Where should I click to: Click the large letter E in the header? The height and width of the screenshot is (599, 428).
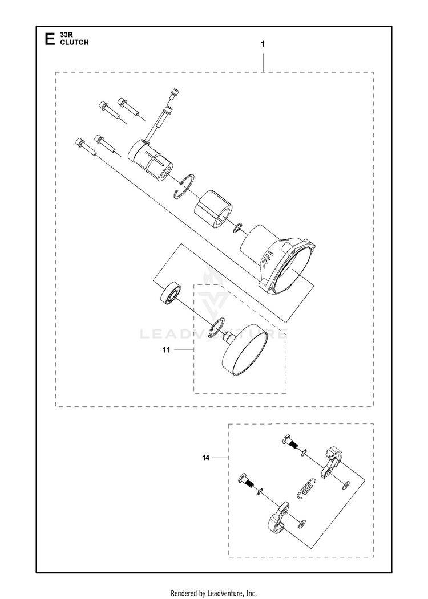coord(49,39)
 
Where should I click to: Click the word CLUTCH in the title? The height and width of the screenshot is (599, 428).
coord(74,42)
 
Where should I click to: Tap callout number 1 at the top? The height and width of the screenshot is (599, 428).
coord(263,44)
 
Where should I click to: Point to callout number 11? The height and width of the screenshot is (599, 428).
coord(167,349)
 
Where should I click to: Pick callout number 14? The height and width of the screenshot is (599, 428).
coord(206,458)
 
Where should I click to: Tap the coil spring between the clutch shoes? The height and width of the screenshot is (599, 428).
coord(306,488)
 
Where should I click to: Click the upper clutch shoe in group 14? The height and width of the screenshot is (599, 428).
coord(330,462)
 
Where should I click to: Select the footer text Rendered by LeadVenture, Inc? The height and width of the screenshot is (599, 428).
coord(213,593)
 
